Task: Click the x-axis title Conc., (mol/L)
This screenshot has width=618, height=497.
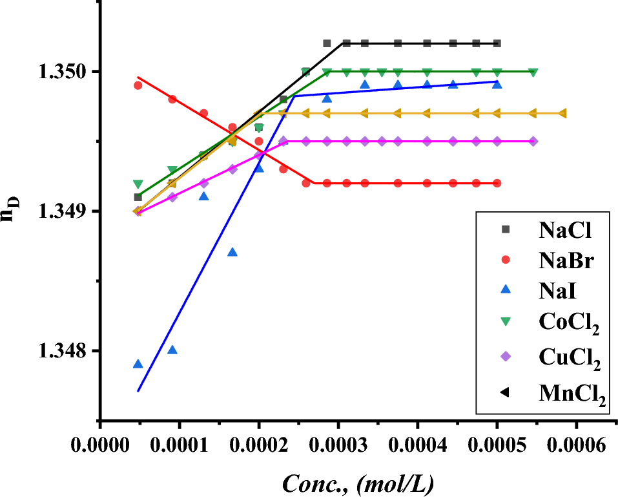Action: (x=356, y=482)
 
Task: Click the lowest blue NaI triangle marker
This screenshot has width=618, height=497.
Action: (x=138, y=364)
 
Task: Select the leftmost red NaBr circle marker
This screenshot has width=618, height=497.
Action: (x=138, y=85)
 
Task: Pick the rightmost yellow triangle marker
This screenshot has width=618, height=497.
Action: (x=562, y=114)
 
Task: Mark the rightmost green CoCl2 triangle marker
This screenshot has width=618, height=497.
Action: (x=533, y=72)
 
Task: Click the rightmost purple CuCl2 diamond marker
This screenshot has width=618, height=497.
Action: (x=533, y=142)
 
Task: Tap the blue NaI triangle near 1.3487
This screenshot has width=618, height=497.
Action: (x=232, y=252)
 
